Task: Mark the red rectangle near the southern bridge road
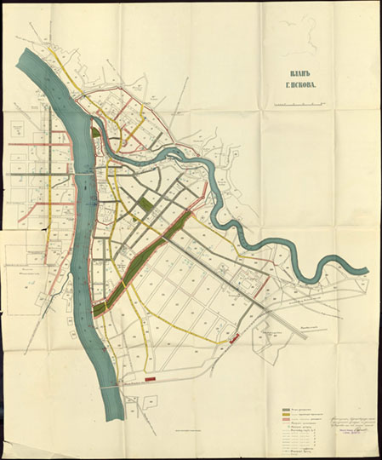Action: [x=151, y=377]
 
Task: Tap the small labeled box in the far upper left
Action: [x=16, y=128]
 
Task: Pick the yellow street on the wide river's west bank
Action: [x=51, y=221]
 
